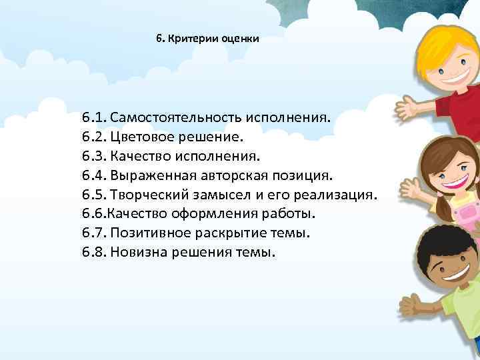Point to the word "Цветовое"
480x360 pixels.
click(139, 137)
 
